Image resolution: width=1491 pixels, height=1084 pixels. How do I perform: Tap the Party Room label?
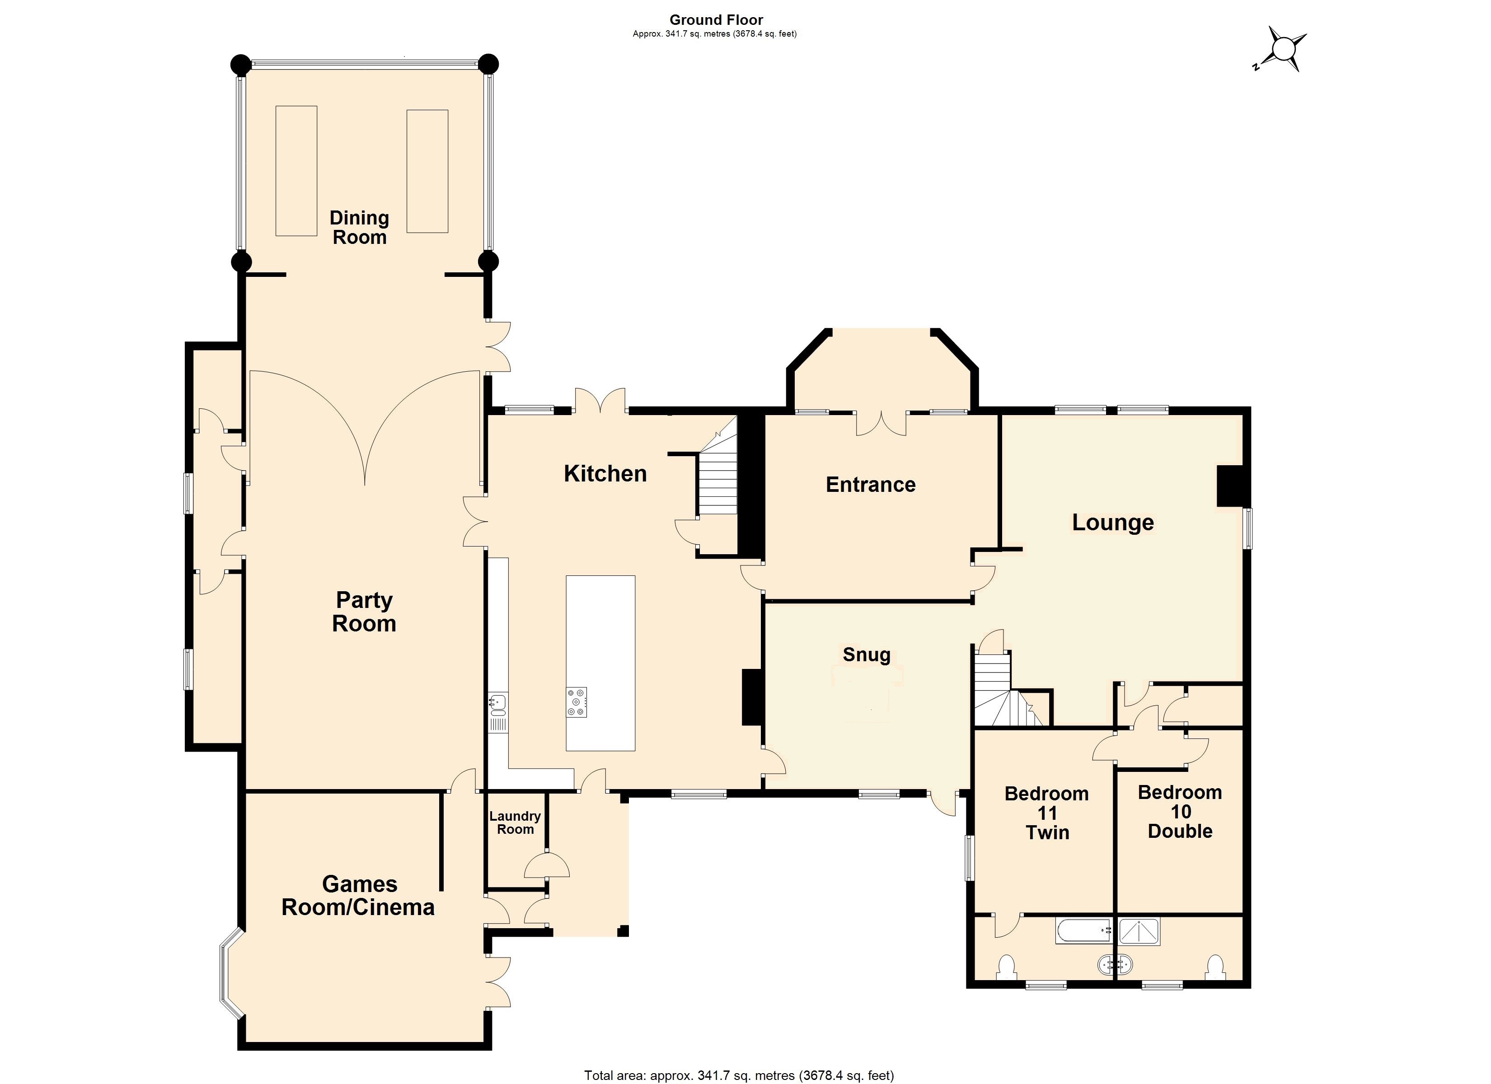364,612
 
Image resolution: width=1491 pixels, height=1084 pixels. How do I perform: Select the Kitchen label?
605,473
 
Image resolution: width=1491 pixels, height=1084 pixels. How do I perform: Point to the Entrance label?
870,485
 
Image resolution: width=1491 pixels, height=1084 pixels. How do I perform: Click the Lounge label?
1113,522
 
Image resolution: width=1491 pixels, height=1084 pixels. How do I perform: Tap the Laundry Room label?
515,822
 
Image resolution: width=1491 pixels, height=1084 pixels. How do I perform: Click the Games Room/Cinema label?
358,895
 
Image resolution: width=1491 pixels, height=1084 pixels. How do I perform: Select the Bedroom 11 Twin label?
1046,813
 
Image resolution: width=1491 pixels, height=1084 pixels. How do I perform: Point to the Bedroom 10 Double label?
1180,811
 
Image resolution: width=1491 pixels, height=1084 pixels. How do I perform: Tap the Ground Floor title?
716,20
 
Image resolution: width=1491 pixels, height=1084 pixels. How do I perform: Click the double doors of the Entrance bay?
881,425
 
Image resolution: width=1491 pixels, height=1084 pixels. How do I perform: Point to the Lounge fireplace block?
1229,486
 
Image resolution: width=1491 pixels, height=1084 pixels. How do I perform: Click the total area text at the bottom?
739,1075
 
